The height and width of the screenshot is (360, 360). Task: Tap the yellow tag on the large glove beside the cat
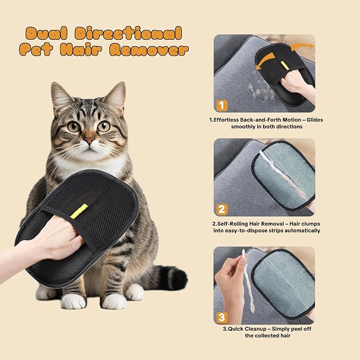[80, 210]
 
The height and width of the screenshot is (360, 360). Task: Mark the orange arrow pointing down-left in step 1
[261, 63]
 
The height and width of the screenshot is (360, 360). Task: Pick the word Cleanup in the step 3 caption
[252, 328]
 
